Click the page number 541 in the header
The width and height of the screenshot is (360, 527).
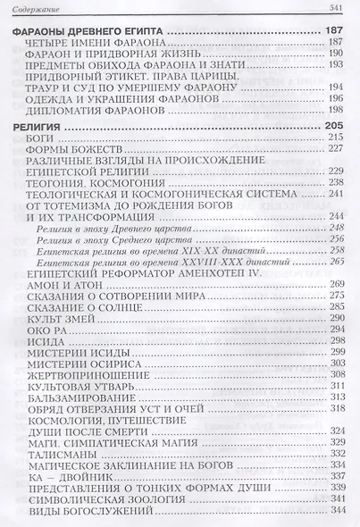(x=337, y=9)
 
